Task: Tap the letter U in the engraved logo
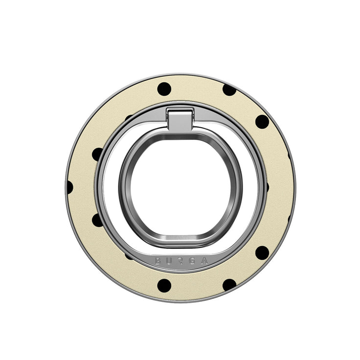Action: click(169, 261)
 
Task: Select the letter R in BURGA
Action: click(180, 262)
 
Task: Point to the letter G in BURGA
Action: click(192, 261)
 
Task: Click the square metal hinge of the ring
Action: click(180, 119)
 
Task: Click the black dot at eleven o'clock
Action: click(164, 89)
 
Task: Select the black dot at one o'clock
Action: click(229, 90)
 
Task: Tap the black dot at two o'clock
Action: click(262, 122)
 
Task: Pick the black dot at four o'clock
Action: click(262, 252)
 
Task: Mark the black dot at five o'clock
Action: click(229, 285)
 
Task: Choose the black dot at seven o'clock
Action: click(164, 285)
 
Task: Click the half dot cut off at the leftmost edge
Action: click(69, 187)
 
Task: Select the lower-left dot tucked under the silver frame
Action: click(97, 220)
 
